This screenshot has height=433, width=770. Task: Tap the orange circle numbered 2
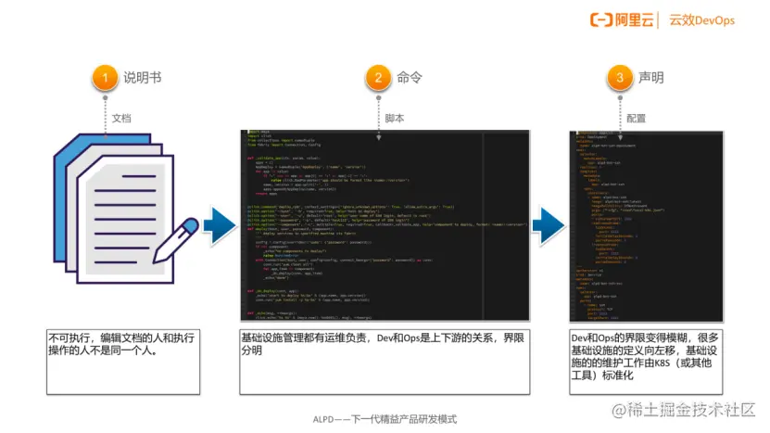tap(378, 79)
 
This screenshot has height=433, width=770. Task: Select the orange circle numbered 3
tap(620, 79)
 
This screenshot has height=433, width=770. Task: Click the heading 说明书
tap(143, 79)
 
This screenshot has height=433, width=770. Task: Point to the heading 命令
tap(409, 79)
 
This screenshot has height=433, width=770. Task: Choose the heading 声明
tap(650, 79)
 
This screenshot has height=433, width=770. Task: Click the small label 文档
tap(121, 119)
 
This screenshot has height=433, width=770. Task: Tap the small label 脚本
tap(395, 119)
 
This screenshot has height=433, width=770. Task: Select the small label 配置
tap(637, 119)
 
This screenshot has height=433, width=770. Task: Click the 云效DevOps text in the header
tap(701, 19)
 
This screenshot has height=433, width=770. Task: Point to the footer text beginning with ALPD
tap(385, 419)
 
